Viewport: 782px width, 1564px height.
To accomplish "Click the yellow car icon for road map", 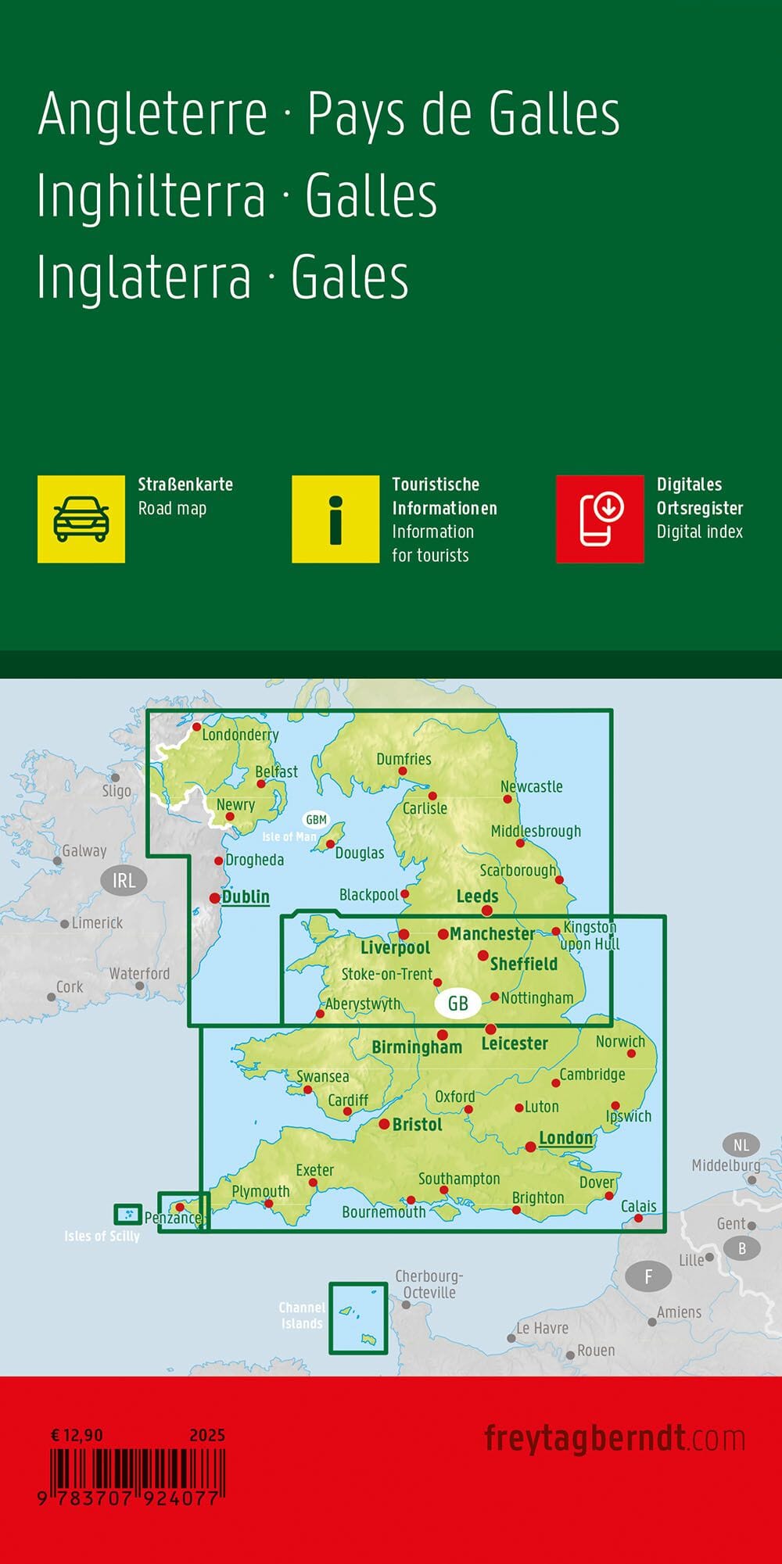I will [81, 519].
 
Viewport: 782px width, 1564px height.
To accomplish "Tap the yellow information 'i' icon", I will [335, 519].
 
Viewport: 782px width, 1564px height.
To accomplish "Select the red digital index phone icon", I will [600, 519].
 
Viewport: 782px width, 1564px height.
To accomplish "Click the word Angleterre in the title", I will [153, 115].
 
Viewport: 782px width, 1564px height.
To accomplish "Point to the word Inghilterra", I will [152, 197].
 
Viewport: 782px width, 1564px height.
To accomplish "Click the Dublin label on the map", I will [246, 897].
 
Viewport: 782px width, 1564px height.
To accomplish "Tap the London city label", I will [565, 1138].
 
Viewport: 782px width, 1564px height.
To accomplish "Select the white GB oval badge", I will [457, 1003].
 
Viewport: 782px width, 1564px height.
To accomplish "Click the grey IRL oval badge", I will [124, 881].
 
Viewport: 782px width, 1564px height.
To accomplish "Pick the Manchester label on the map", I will [492, 933].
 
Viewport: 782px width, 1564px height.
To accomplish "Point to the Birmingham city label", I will [417, 1047].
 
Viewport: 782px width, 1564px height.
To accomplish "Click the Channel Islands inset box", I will [358, 1318].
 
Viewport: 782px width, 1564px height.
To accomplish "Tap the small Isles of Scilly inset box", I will [128, 1214].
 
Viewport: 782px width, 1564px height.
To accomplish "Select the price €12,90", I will [77, 1435].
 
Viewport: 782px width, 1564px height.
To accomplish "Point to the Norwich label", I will [620, 1041].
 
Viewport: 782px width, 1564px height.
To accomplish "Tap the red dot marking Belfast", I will [261, 783].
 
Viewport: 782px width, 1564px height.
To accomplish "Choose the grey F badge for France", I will [647, 1277].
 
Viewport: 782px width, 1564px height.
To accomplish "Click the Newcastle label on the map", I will [532, 786].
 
